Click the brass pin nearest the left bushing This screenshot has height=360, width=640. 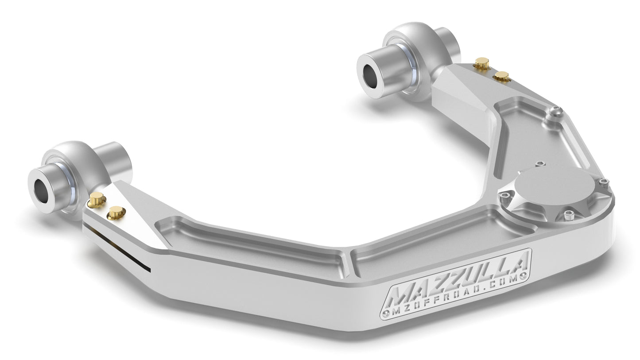tap(96, 200)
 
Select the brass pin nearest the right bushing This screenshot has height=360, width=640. tap(481, 63)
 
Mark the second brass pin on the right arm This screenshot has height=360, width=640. tap(501, 76)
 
